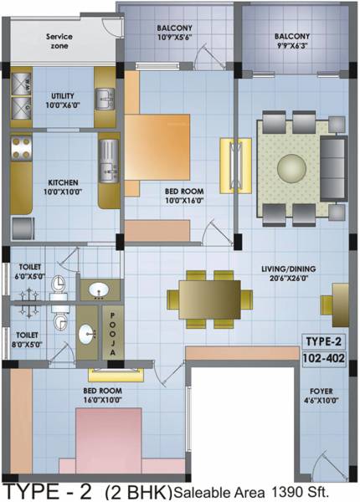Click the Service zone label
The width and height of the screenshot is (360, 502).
click(x=58, y=41)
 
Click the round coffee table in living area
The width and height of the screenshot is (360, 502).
click(x=291, y=167)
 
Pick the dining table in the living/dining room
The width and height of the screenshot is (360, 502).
click(x=209, y=299)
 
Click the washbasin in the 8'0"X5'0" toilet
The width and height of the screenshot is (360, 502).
click(x=88, y=336)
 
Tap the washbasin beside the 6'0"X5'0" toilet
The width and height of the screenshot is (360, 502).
click(x=98, y=290)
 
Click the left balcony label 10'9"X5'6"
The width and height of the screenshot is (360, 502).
click(x=177, y=33)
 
